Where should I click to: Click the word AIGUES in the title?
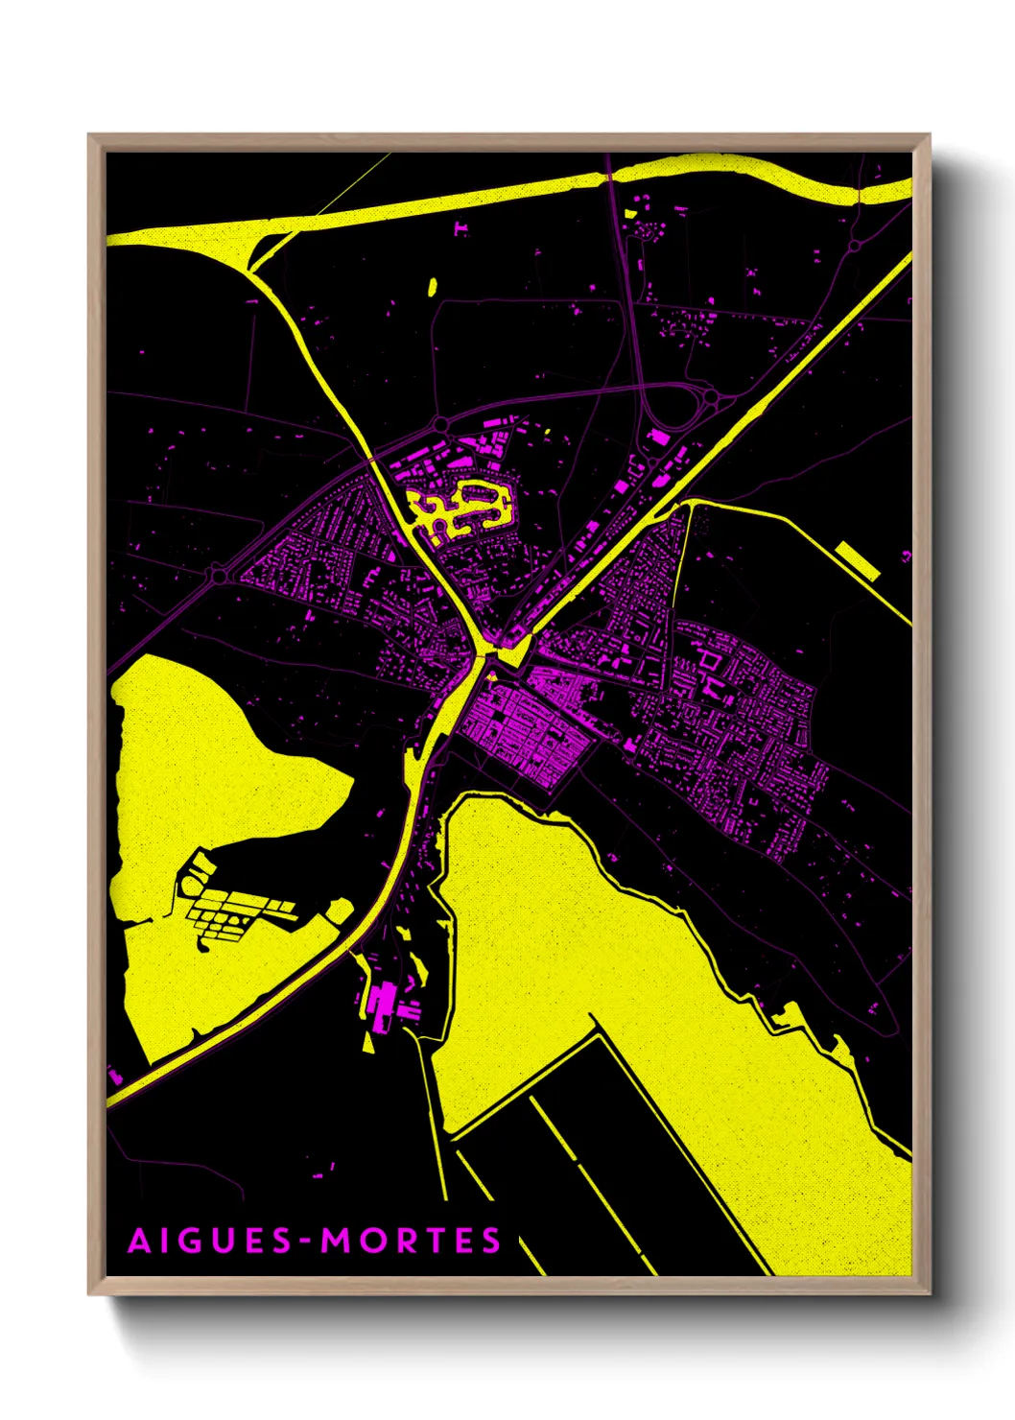[210, 1241]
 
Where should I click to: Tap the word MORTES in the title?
[411, 1241]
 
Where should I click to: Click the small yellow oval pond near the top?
[432, 286]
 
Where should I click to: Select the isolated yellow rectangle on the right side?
[858, 560]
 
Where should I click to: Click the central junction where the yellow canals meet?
[484, 653]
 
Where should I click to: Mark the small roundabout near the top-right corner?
[854, 247]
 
